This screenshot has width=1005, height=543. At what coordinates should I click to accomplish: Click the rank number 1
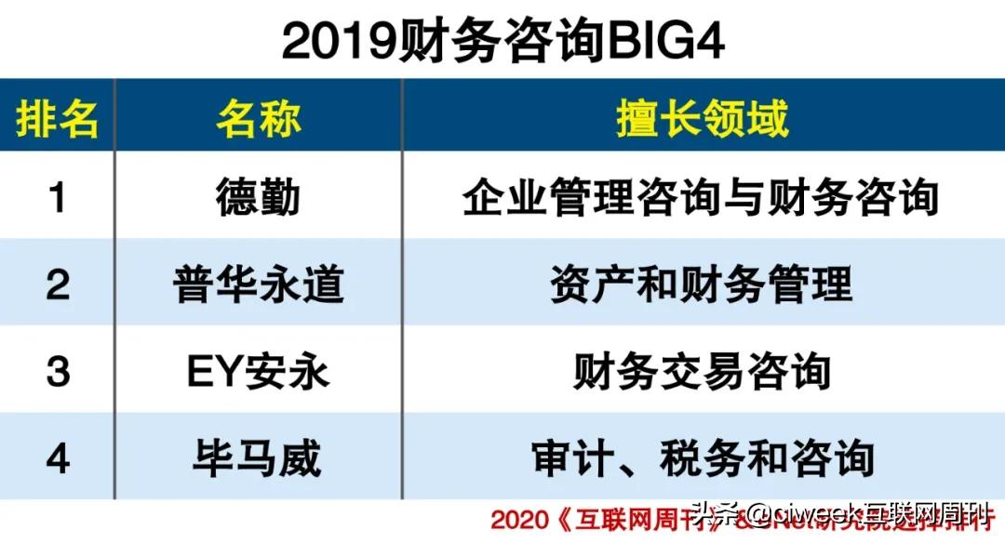[x=58, y=197]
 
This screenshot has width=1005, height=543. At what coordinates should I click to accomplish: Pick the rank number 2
[x=58, y=284]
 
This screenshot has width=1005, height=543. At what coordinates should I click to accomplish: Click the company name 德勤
[x=259, y=197]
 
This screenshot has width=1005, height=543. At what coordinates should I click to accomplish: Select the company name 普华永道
[x=259, y=284]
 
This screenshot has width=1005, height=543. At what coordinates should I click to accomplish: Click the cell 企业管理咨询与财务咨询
[x=702, y=197]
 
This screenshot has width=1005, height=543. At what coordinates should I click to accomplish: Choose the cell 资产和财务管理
[x=702, y=284]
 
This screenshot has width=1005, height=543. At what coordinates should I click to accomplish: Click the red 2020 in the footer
[x=516, y=520]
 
